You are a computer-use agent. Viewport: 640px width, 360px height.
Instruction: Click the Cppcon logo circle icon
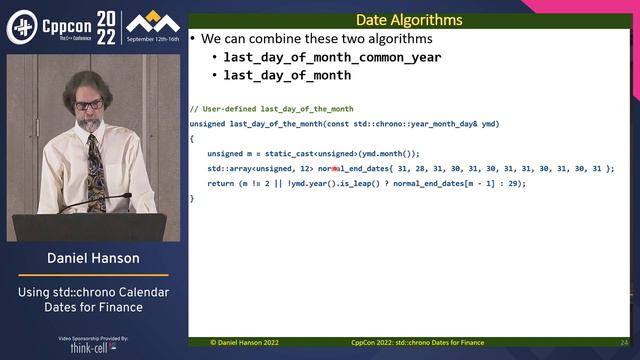click(21, 27)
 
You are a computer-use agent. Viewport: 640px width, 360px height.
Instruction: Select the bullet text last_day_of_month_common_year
click(332, 57)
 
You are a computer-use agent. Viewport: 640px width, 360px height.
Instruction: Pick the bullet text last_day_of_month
click(287, 75)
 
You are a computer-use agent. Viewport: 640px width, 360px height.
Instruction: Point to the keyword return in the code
click(220, 183)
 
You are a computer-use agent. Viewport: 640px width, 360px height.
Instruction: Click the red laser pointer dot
click(334, 169)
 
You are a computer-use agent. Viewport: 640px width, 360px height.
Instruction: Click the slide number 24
click(624, 342)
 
